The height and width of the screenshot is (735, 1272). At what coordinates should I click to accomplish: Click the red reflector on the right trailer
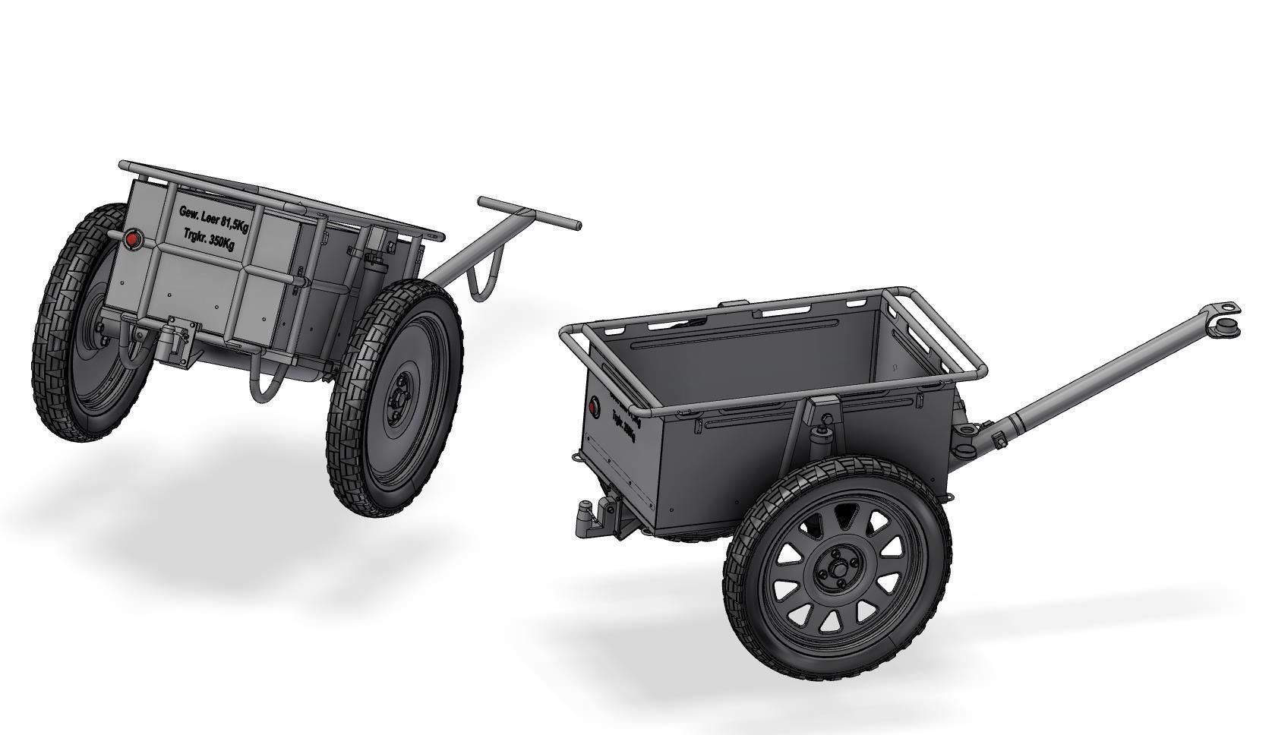pos(593,407)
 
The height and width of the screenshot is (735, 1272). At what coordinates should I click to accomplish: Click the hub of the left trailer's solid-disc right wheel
pos(398,399)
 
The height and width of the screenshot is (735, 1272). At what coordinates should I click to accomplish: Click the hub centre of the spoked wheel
pos(838,569)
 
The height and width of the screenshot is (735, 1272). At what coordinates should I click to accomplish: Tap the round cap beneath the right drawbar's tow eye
pos(1228,329)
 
